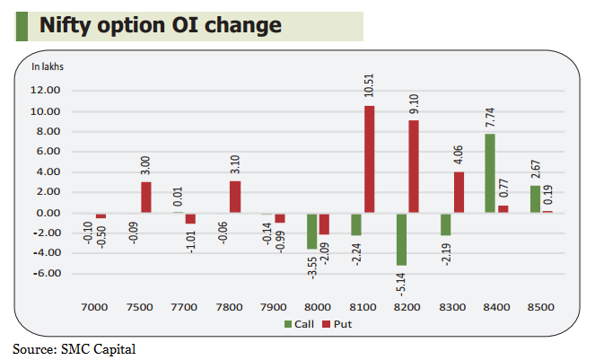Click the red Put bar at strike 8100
click(369, 159)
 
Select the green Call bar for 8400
click(490, 173)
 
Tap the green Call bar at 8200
click(401, 239)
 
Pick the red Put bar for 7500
click(146, 198)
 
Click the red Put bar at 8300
click(459, 192)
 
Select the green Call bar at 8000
click(312, 232)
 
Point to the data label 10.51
click(369, 85)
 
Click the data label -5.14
click(400, 285)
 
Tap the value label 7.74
click(490, 118)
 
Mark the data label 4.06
click(459, 154)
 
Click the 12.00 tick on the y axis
click(46, 91)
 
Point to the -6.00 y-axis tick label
click(47, 274)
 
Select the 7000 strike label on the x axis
click(94, 307)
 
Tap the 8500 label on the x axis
click(541, 307)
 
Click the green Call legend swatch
click(288, 324)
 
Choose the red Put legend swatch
click(327, 324)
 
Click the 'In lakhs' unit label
click(48, 66)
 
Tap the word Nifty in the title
click(66, 26)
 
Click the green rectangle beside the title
click(22, 26)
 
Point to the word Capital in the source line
click(115, 349)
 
